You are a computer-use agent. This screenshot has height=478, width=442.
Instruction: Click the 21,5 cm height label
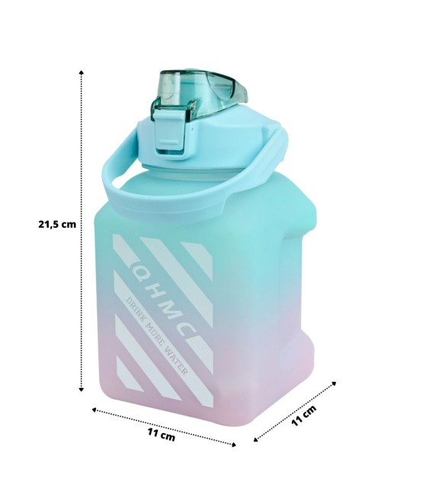coord(57,224)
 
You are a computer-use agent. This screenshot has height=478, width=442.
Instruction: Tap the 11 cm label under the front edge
coord(162,435)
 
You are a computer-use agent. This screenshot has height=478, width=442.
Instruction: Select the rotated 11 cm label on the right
coord(303,415)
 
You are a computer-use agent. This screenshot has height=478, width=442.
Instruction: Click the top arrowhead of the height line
coord(81,72)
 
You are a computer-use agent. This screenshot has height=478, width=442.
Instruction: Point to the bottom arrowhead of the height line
coord(81,389)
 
